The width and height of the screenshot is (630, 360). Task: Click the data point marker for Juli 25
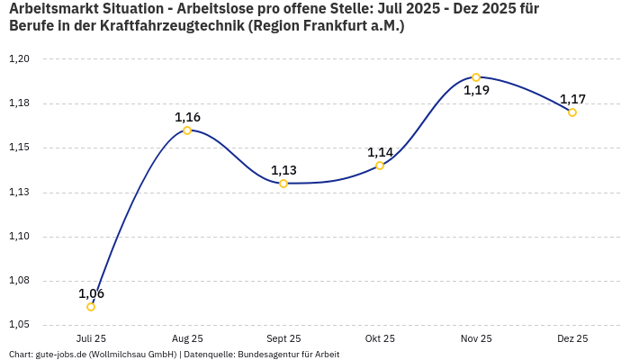click(x=91, y=307)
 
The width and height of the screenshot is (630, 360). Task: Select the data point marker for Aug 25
click(x=187, y=130)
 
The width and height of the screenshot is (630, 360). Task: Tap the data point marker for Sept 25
click(x=283, y=184)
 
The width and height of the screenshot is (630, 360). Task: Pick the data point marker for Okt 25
click(x=380, y=166)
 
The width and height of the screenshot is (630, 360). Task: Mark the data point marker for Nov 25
click(x=476, y=77)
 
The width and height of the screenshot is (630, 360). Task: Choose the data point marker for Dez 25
click(x=572, y=112)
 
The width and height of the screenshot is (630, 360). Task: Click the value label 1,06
click(x=91, y=293)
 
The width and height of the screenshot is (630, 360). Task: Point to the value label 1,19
click(x=476, y=90)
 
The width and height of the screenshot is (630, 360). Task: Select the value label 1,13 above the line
click(x=283, y=170)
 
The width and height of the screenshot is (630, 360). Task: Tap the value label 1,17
click(x=572, y=99)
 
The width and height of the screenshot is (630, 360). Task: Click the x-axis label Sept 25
click(x=283, y=338)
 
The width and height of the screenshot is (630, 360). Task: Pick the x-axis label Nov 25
click(x=476, y=338)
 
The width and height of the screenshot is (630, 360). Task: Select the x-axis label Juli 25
click(x=91, y=338)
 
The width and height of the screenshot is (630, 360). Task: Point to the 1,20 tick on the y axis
click(x=20, y=59)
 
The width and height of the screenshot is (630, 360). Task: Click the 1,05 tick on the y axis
click(x=20, y=325)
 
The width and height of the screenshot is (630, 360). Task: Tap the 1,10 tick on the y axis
click(x=20, y=237)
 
